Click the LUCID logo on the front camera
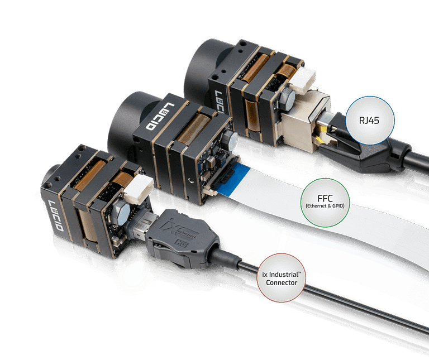(x=55, y=218)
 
